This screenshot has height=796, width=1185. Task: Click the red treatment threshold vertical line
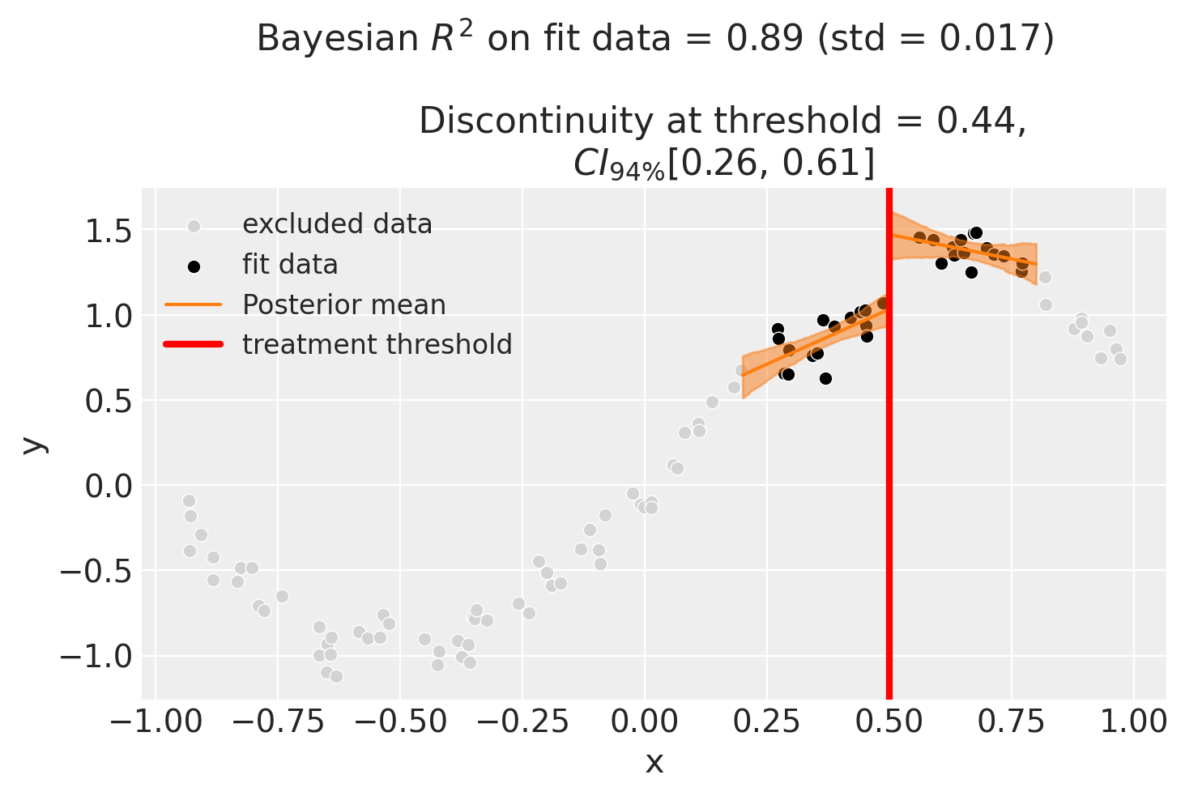(889, 486)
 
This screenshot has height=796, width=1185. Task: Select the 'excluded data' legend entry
(337, 224)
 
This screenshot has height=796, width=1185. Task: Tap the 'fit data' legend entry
(290, 265)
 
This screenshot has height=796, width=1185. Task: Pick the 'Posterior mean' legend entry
(343, 304)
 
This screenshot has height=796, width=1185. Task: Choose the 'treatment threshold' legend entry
(377, 345)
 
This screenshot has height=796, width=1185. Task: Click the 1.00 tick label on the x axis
(1133, 721)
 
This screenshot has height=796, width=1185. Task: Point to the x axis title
(654, 763)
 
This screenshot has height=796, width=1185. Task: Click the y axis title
(32, 444)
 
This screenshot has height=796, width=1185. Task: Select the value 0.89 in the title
(777, 39)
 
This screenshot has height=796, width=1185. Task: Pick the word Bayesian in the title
(324, 39)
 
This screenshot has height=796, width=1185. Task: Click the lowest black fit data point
(825, 378)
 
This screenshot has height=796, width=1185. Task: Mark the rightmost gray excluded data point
(1120, 359)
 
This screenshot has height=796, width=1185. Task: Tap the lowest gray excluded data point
(336, 676)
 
